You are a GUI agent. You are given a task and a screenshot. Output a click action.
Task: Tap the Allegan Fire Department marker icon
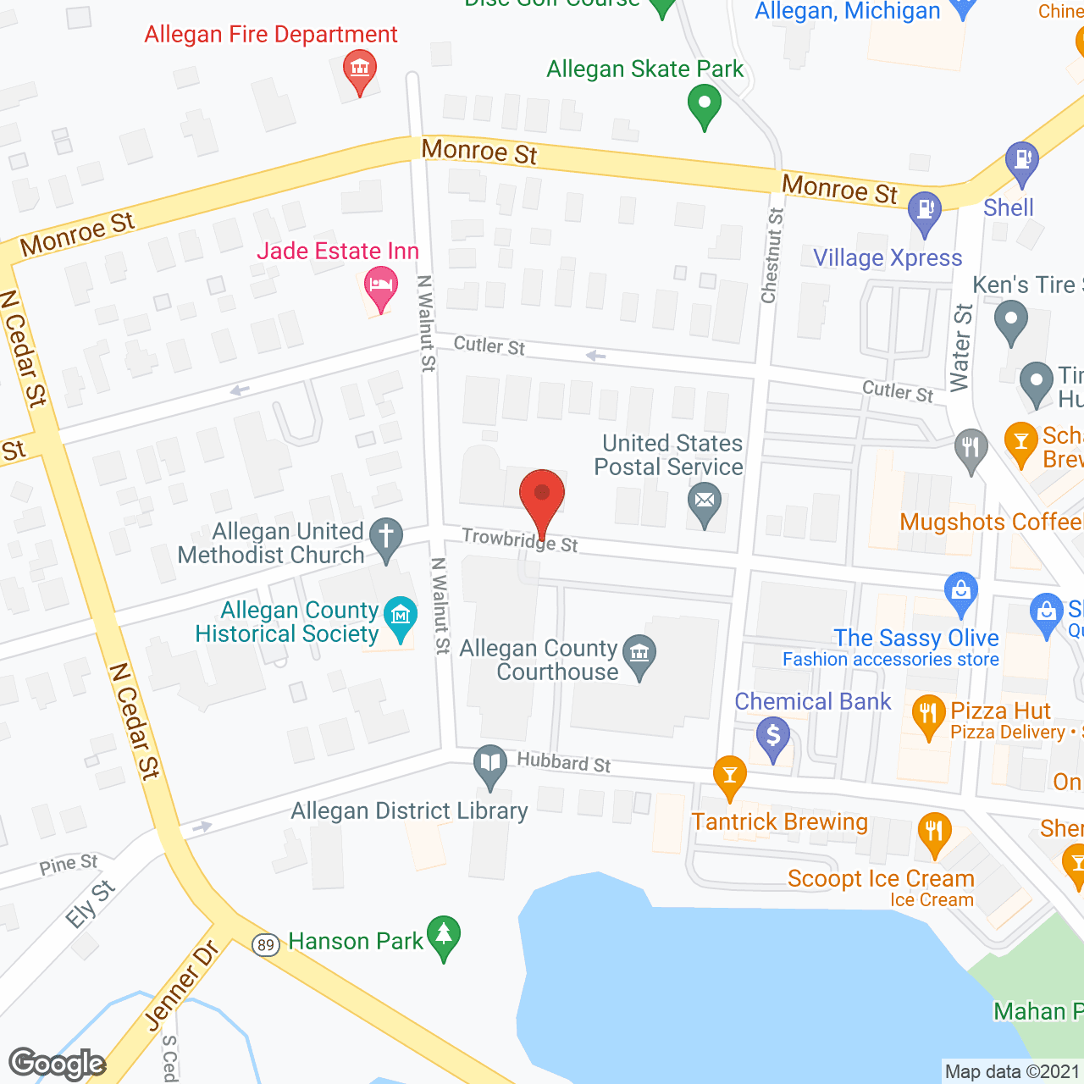tap(360, 68)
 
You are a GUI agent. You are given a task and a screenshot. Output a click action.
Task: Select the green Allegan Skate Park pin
tap(704, 105)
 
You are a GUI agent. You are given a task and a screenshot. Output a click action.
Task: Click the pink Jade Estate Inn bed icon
tap(381, 285)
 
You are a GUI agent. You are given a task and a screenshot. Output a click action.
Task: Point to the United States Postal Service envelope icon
tap(704, 501)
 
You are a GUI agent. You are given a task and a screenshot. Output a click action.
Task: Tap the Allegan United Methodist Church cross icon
tap(386, 536)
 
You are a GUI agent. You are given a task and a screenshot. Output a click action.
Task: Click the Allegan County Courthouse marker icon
tap(639, 653)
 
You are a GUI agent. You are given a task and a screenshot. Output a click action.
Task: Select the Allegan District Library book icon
tap(489, 762)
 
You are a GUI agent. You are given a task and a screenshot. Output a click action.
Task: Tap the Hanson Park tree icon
tap(444, 935)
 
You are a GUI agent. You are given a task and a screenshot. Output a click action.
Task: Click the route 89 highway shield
tap(266, 944)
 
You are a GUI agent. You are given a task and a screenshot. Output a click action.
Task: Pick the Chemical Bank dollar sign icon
tap(772, 735)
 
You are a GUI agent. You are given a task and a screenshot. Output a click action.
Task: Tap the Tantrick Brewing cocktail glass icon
tap(729, 773)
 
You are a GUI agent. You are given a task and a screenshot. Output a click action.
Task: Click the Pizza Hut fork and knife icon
tap(928, 713)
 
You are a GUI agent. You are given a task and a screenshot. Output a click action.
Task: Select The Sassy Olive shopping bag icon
tap(960, 590)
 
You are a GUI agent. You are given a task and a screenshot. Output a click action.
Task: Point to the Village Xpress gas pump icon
tap(924, 209)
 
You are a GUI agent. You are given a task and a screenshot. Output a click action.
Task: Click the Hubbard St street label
tap(564, 762)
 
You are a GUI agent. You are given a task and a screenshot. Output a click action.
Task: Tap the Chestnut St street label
tap(772, 256)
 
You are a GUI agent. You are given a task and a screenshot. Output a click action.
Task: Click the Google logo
tap(57, 1064)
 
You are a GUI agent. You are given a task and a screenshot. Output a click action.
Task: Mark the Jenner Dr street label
tap(181, 987)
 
